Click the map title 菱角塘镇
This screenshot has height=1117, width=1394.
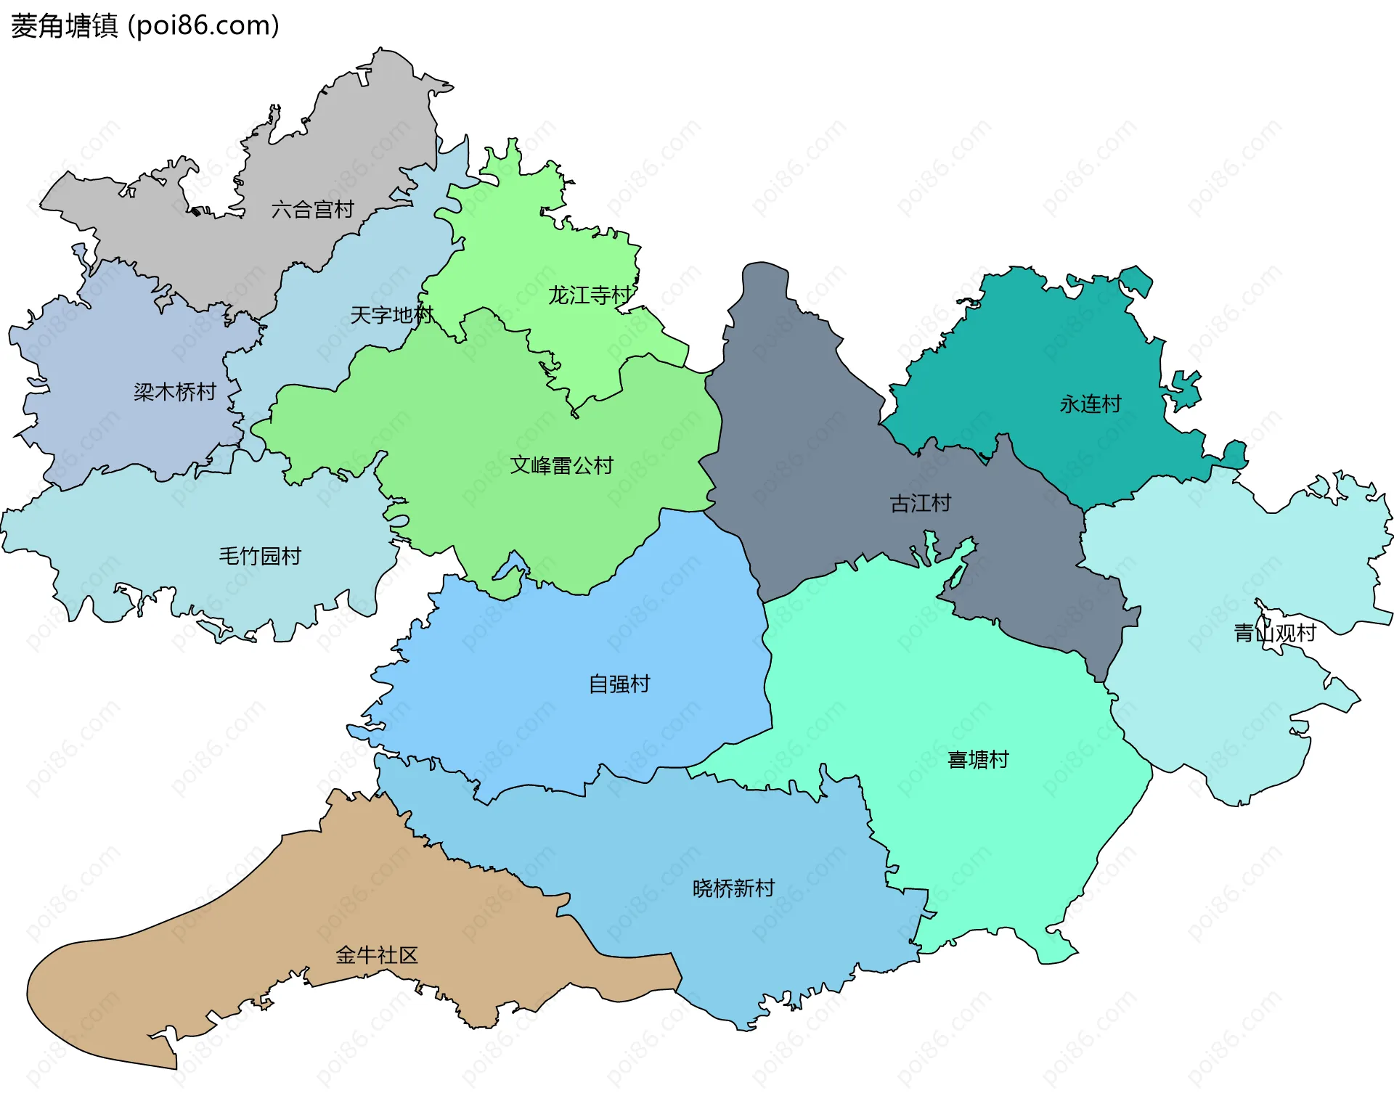click(64, 26)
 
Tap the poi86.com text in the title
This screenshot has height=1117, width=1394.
click(203, 26)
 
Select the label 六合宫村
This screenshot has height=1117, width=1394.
click(312, 210)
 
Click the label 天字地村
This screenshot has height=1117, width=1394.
click(391, 315)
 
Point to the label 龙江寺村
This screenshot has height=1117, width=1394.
click(590, 295)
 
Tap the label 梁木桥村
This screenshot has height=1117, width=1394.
click(175, 392)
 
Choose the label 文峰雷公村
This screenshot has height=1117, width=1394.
click(561, 465)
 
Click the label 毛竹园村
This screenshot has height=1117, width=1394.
click(260, 556)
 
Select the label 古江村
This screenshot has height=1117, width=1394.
click(921, 503)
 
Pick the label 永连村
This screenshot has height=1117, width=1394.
click(1091, 404)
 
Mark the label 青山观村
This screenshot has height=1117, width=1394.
click(1275, 633)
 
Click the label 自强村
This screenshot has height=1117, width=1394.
click(619, 684)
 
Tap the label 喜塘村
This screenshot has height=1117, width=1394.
click(978, 759)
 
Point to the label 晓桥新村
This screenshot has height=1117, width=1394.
click(733, 888)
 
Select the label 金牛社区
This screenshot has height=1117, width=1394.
click(377, 954)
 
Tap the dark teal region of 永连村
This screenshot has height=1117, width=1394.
click(1053, 341)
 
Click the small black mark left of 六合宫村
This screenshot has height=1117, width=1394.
click(196, 212)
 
